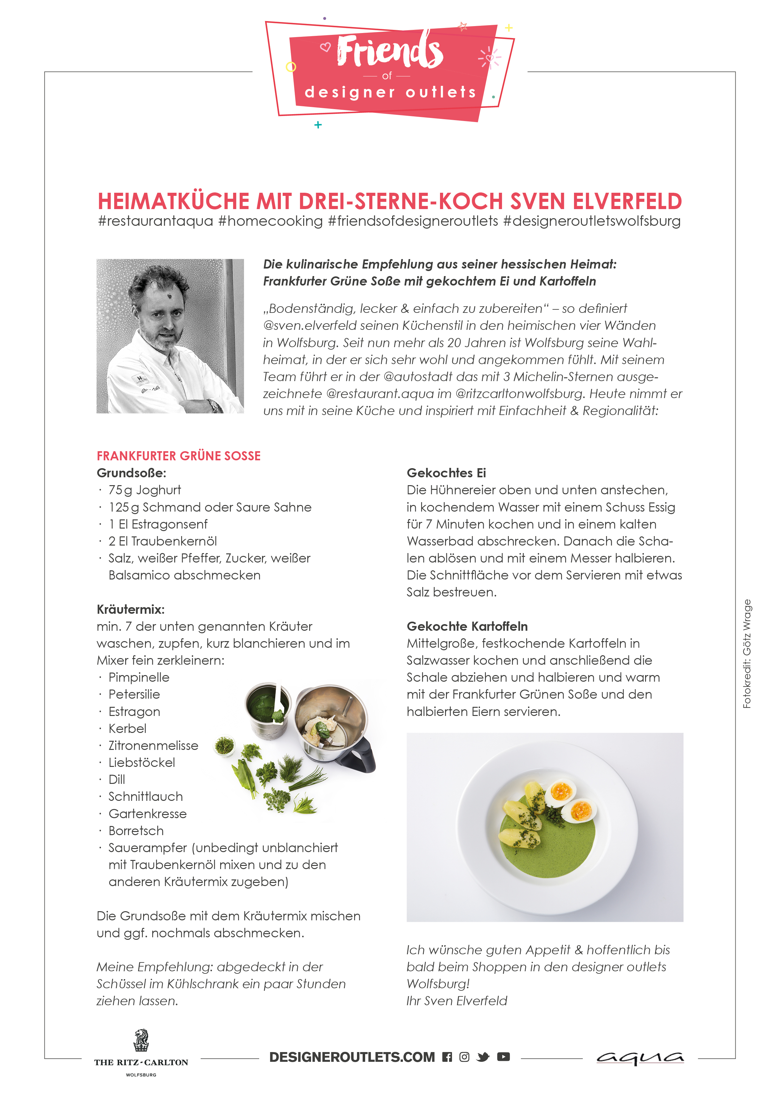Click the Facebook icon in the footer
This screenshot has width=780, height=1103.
click(447, 1057)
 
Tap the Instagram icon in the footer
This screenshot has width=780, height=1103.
click(464, 1057)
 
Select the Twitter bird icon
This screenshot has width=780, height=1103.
click(483, 1057)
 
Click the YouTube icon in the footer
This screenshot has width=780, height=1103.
click(503, 1056)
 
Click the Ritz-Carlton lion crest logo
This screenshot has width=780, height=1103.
click(141, 1040)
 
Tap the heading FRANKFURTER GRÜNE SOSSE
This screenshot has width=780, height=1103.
click(179, 456)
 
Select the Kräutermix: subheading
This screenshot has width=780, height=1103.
click(131, 610)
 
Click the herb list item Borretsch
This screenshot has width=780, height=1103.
click(136, 831)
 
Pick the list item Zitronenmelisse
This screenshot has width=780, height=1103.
click(153, 745)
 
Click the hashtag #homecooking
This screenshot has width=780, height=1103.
click(270, 221)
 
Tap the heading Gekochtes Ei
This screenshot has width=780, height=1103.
click(447, 473)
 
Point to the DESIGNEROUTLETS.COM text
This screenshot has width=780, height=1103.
click(352, 1057)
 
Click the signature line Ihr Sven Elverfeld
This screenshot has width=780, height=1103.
click(457, 1001)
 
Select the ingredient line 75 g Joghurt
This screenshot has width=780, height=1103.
click(145, 490)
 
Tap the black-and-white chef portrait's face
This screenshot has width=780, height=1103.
click(161, 319)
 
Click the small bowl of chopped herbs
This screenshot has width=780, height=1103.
click(224, 746)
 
